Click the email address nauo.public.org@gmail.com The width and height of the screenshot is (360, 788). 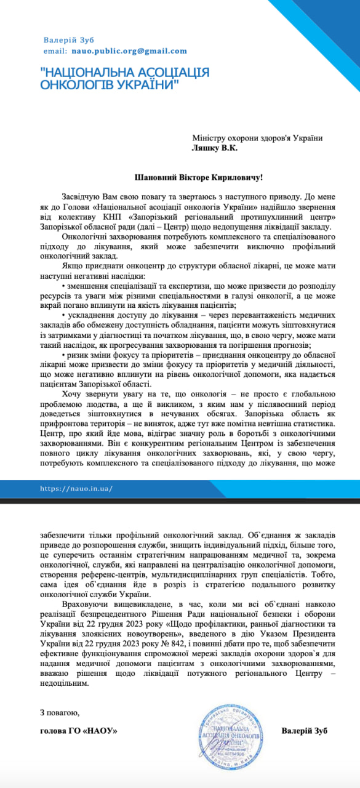point(129,51)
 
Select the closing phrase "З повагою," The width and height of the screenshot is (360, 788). point(60,712)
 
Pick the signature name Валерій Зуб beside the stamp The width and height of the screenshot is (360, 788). point(304,730)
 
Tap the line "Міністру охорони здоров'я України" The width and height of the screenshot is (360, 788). point(257,138)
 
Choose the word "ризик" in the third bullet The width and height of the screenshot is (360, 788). point(77,355)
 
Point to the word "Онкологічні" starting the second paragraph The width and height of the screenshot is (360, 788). point(86,237)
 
